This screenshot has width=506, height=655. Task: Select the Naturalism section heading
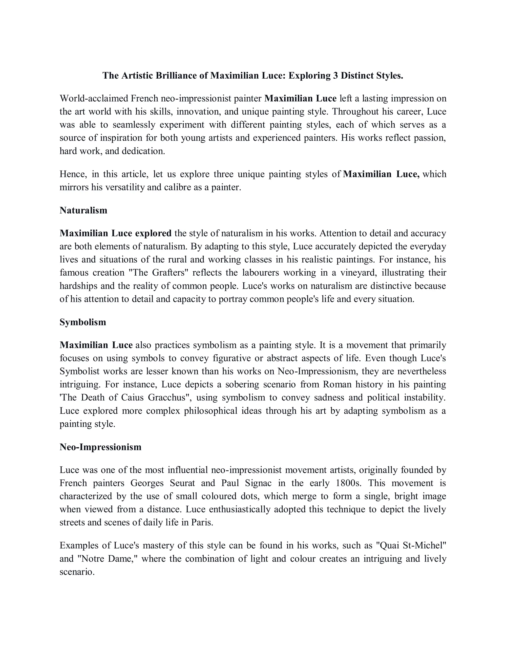point(83,210)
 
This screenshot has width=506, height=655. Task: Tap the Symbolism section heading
point(83,322)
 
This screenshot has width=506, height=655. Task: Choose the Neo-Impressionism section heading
point(100,447)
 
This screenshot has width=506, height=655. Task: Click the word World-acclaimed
point(94,98)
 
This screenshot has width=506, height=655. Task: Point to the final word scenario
point(77,572)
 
